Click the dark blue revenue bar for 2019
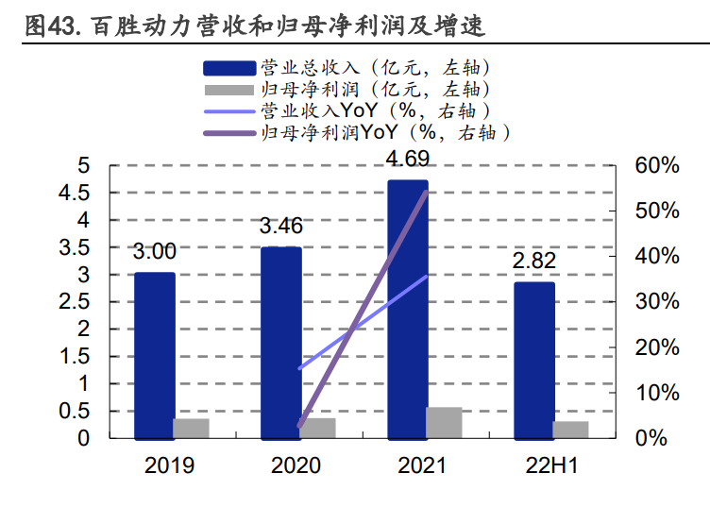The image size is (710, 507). tap(154, 356)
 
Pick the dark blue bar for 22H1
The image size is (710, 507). tap(534, 361)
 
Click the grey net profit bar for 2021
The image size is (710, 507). tap(444, 423)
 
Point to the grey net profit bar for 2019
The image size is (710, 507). tap(191, 429)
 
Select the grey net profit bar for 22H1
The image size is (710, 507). tap(570, 430)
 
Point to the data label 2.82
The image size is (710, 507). tap(534, 261)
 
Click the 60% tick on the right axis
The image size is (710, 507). tap(657, 166)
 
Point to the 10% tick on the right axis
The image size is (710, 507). tap(657, 393)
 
